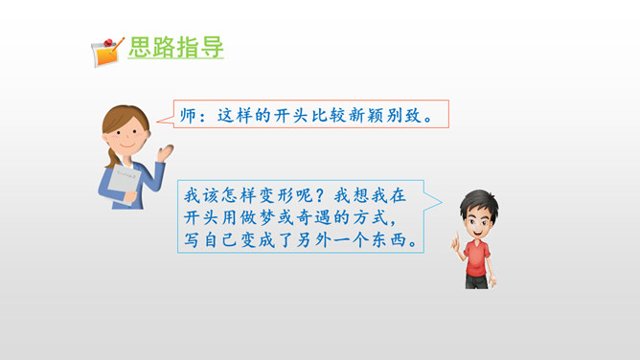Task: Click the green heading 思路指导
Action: [176, 47]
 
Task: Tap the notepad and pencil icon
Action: [107, 53]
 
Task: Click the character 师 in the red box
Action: [189, 116]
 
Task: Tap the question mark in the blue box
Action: [321, 195]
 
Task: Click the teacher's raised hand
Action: [166, 153]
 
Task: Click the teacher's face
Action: [126, 136]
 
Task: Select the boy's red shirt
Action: [477, 259]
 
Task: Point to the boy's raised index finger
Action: [457, 236]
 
